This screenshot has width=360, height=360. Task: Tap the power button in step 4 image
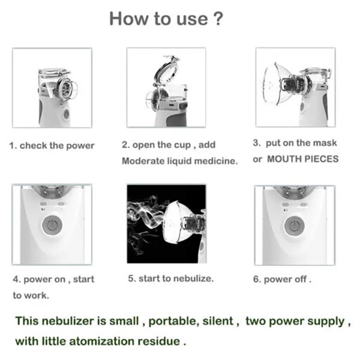tap(52, 225)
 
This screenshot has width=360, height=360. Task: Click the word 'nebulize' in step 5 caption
tap(193, 278)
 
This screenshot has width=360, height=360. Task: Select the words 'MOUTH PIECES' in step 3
tap(303, 159)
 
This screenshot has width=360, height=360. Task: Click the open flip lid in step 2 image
tap(166, 70)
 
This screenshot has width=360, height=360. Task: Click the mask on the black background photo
tap(176, 222)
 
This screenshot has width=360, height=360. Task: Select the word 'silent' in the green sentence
tap(218, 321)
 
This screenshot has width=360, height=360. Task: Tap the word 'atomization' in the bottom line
tap(102, 341)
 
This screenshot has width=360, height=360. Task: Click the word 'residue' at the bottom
tap(159, 341)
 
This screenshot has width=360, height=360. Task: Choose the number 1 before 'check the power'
tap(13, 146)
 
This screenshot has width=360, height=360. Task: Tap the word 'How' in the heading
tap(129, 19)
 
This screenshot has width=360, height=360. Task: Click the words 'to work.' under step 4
tap(31, 295)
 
